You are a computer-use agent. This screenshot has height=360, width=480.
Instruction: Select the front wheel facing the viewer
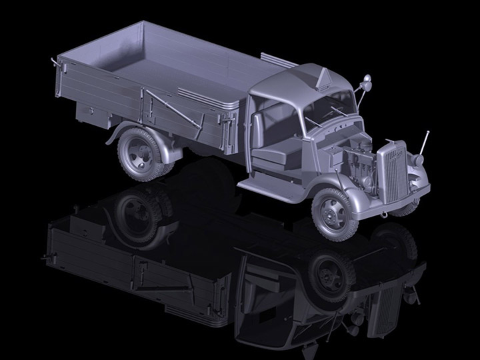(335, 211)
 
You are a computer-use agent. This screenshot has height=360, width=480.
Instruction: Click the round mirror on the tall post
(366, 83)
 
